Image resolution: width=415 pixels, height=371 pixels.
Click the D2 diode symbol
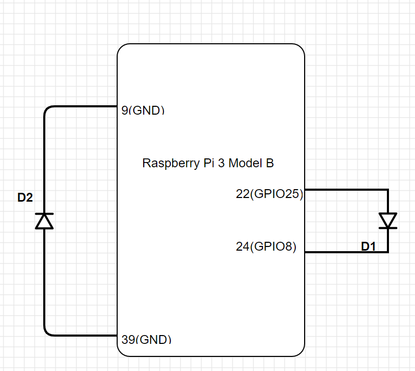[44, 221]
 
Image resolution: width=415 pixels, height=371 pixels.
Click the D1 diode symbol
[388, 220]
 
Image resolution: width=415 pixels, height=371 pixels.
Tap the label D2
[25, 197]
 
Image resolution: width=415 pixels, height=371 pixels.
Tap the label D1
[368, 246]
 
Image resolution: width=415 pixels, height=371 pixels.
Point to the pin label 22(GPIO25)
[269, 194]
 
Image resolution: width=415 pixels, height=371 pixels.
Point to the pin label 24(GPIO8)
[266, 246]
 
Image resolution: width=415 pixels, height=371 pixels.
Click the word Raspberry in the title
[166, 163]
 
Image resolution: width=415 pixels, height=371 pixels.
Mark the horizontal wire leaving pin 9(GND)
[83, 107]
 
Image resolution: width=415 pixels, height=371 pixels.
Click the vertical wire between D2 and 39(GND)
[44, 281]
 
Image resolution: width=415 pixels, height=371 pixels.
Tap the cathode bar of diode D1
[388, 228]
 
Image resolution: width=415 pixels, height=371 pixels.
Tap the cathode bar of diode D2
[44, 214]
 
